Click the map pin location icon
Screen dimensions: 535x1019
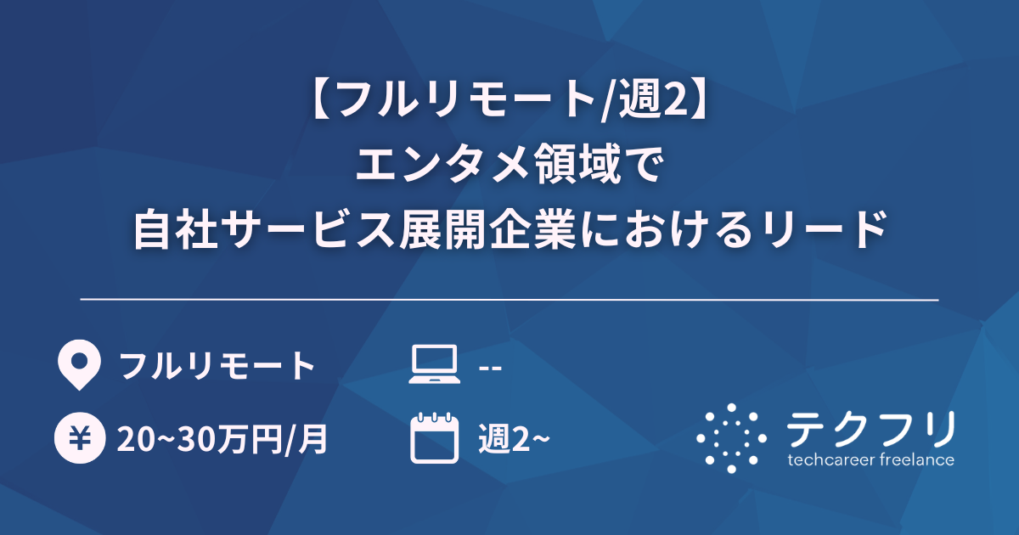click(77, 365)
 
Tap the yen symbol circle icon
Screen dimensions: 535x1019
click(77, 439)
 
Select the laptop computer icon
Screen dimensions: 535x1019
click(433, 366)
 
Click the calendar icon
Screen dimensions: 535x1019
click(433, 438)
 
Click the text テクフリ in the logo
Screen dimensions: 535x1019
click(870, 428)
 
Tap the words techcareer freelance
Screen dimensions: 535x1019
click(870, 460)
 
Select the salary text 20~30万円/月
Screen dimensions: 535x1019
click(223, 440)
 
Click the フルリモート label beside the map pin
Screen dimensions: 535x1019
click(217, 366)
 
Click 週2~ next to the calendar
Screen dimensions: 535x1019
click(515, 440)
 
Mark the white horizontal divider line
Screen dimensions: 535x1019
click(509, 300)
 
